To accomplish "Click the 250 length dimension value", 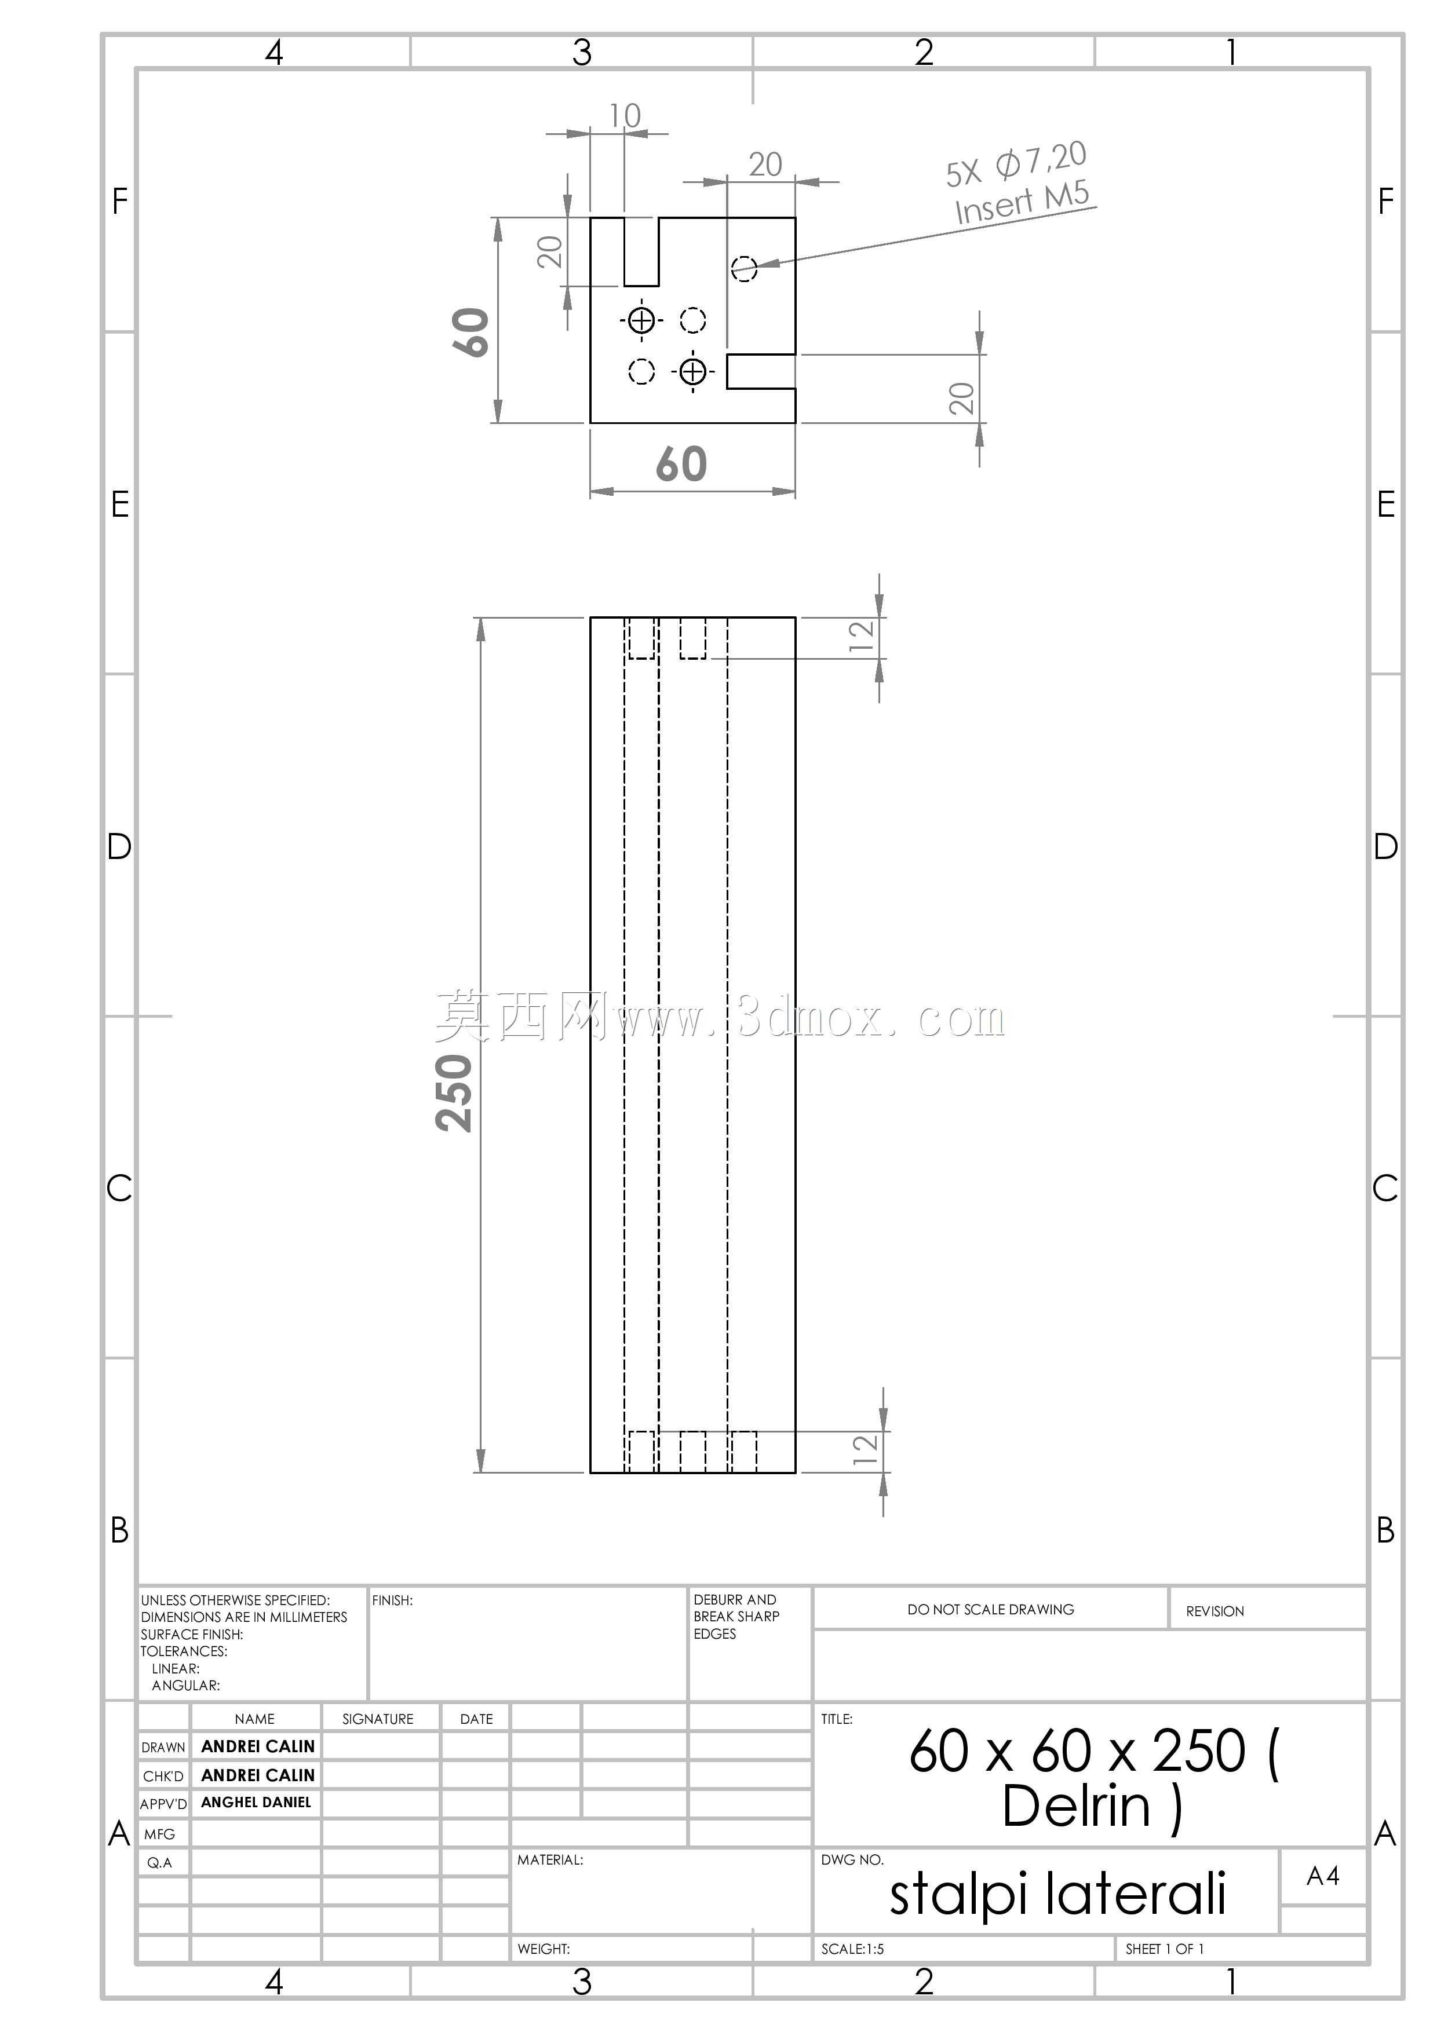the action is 454,1093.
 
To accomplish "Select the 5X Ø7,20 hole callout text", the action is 1016,165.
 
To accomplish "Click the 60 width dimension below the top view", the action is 681,464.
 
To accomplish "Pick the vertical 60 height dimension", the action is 472,332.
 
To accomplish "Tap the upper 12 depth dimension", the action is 860,637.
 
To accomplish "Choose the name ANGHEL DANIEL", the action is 256,1802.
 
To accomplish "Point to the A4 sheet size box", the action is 1323,1876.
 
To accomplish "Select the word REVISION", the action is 1214,1611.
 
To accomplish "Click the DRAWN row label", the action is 164,1747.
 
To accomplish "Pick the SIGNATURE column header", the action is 378,1719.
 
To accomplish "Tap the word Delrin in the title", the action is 1076,1806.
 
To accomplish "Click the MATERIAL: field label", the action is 550,1859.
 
